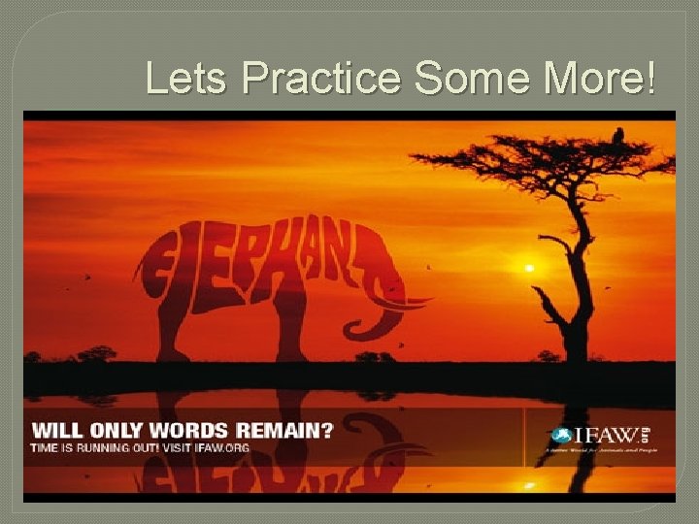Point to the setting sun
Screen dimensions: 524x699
tap(529, 267)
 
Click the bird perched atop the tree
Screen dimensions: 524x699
tap(618, 135)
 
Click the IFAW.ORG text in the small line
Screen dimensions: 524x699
tap(221, 447)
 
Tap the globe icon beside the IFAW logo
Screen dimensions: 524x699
tap(561, 437)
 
